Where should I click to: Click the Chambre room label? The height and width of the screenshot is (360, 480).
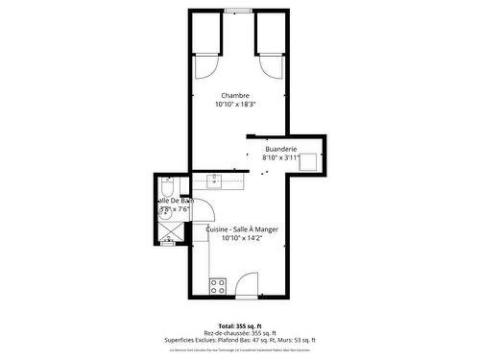235,95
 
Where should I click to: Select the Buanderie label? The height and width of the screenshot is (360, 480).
281,149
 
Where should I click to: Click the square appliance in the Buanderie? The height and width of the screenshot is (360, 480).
309,161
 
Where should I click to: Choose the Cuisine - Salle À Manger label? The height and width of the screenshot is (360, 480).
242,229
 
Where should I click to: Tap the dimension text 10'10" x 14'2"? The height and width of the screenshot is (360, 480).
242,238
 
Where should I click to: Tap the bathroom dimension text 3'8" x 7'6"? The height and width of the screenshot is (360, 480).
175,208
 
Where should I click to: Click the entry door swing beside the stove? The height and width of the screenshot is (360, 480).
248,283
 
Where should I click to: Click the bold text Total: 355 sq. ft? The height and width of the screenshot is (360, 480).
240,325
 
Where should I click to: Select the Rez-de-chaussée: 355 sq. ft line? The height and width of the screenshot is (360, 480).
240,333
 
